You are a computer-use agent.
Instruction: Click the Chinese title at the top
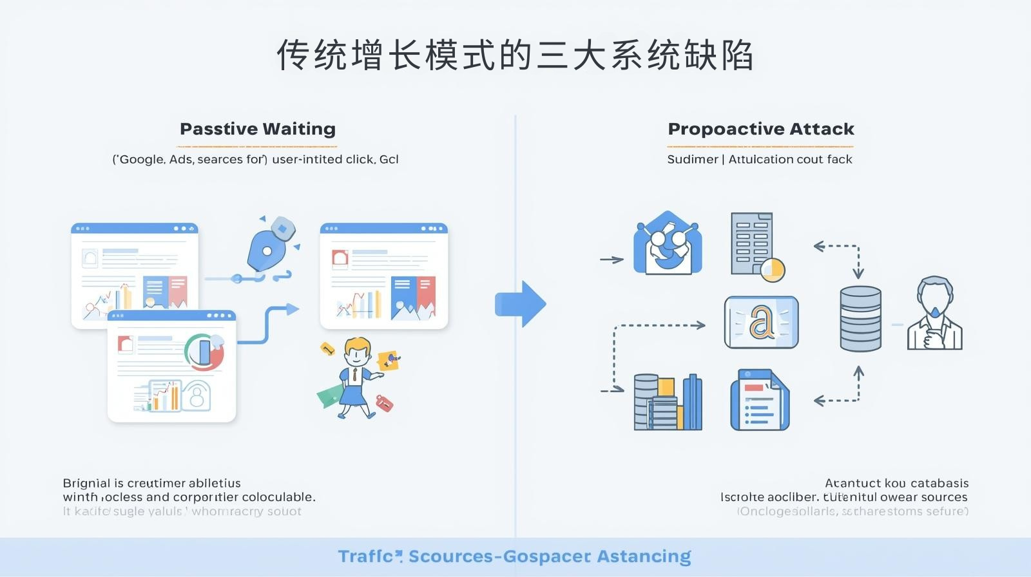coord(515,55)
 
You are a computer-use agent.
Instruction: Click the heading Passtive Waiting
coord(258,129)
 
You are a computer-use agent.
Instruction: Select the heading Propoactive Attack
coord(761,129)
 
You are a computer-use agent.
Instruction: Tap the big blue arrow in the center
coord(521,304)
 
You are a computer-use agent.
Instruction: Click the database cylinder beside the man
coord(860,319)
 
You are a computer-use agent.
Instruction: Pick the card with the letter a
coord(761,323)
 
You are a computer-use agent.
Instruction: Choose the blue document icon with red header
coord(759,400)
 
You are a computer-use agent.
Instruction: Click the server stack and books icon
coord(668,402)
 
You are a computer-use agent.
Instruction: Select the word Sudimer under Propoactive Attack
coord(692,159)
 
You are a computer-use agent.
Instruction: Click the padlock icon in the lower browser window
coord(197,395)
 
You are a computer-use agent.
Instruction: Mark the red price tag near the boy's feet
coord(383,403)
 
